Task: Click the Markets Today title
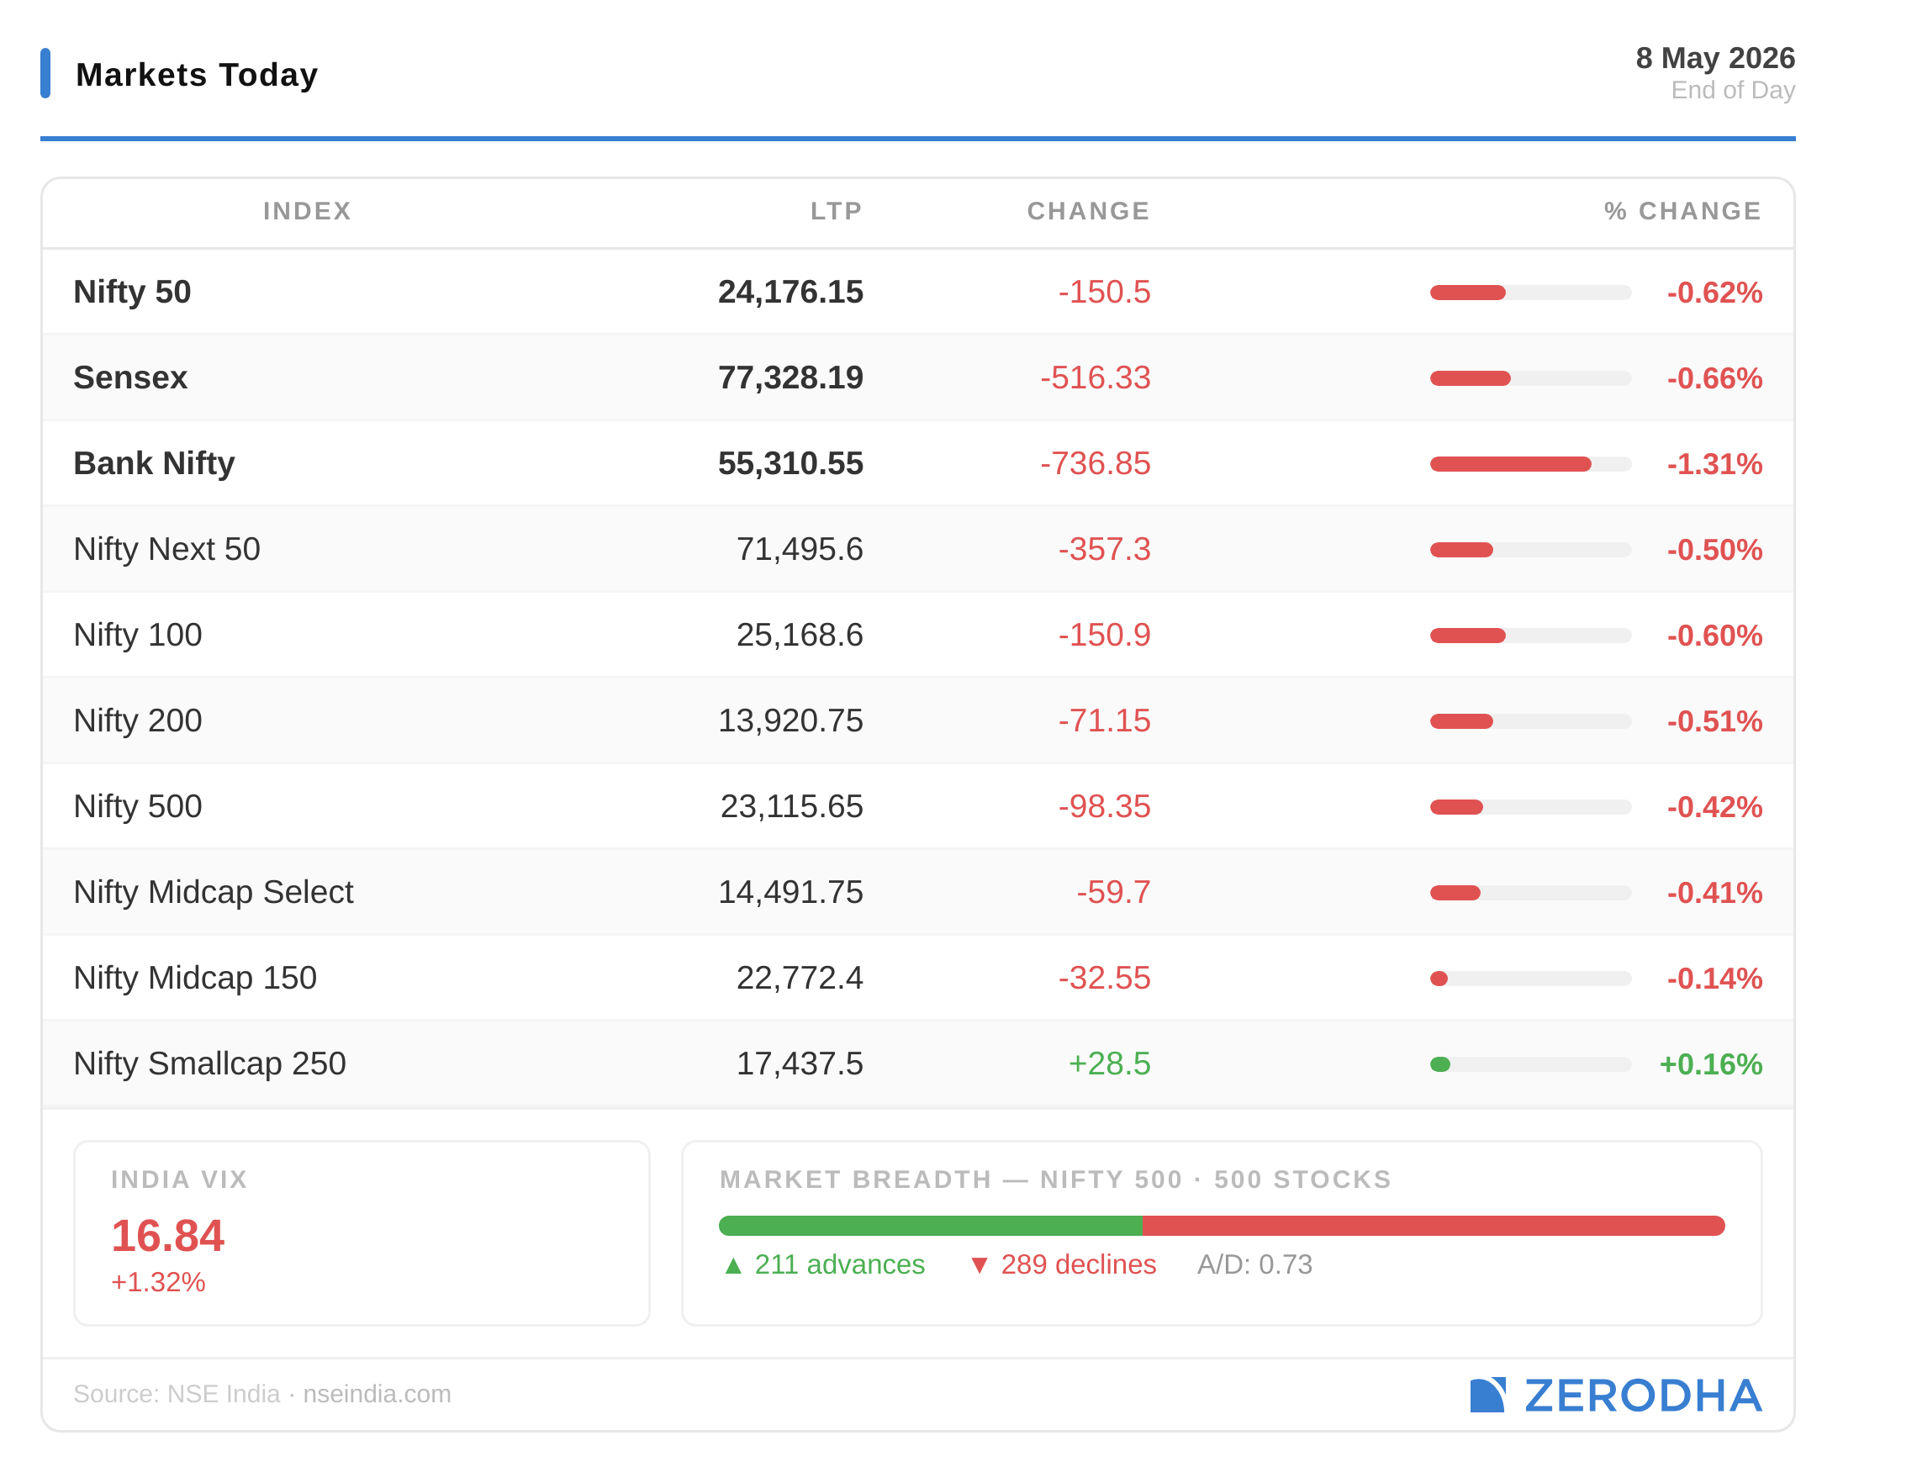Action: (x=197, y=75)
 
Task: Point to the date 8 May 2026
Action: (x=1715, y=58)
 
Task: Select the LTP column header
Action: (x=836, y=211)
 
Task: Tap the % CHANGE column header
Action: (x=1682, y=211)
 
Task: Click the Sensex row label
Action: (x=130, y=377)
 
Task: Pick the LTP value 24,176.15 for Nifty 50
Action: (x=790, y=293)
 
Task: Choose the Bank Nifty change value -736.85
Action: (x=1095, y=463)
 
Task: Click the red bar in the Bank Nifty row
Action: (x=1510, y=464)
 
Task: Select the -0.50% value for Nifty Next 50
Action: (x=1714, y=549)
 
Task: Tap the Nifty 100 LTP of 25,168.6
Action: (x=799, y=635)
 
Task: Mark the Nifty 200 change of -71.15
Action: (x=1103, y=720)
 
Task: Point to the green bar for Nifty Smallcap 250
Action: (x=1439, y=1064)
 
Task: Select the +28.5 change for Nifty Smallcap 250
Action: (x=1109, y=1063)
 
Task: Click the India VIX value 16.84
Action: (x=167, y=1236)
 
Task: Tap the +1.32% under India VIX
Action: (x=158, y=1282)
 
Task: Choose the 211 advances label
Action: (x=824, y=1264)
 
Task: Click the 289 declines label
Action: (x=1063, y=1264)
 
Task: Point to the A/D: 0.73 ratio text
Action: (x=1254, y=1264)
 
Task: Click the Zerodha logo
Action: (x=1616, y=1396)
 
